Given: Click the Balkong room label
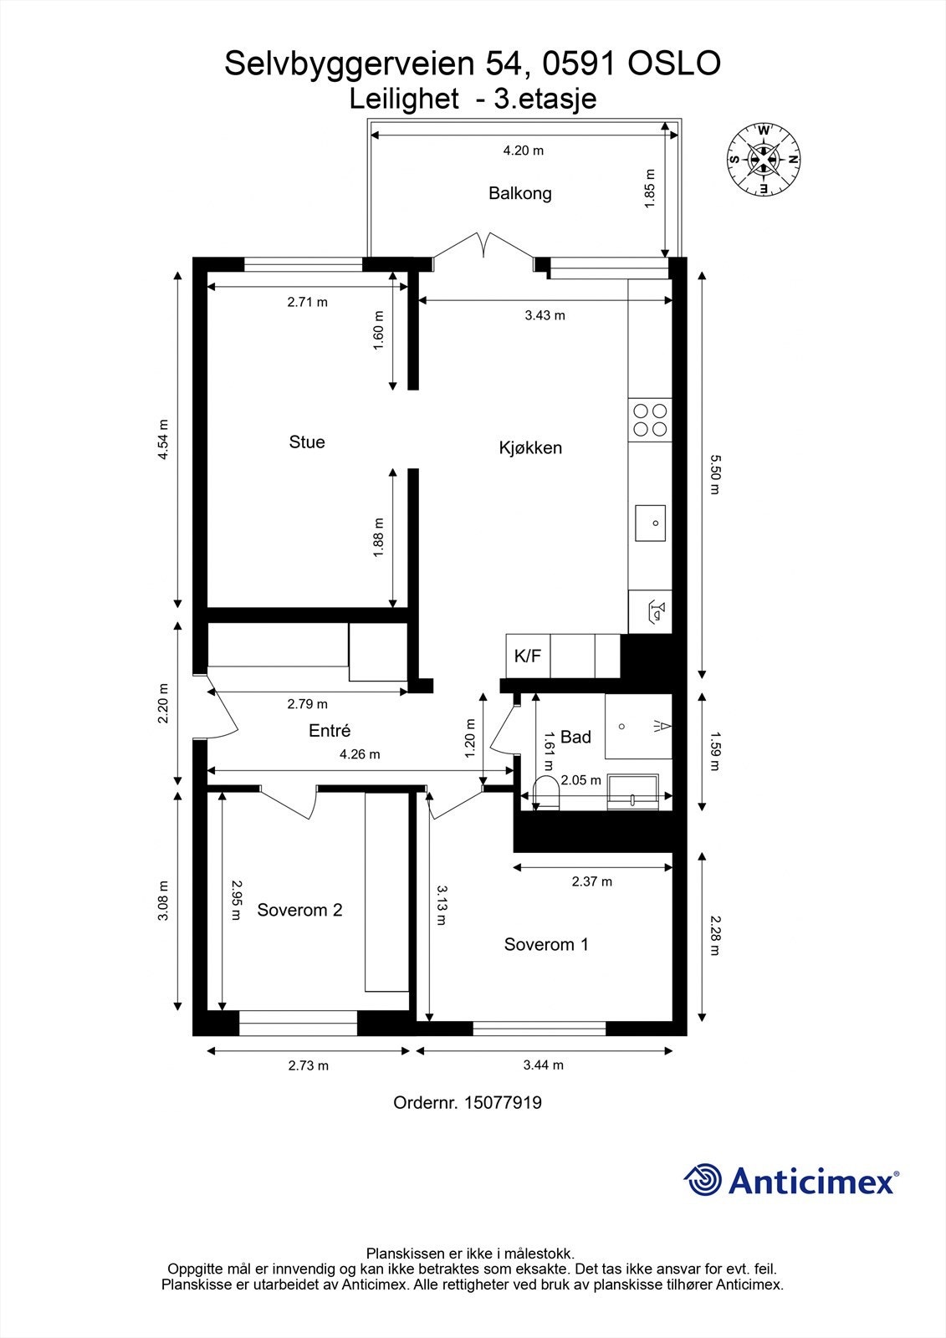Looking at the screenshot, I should point(519,193).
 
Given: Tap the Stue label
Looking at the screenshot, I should point(306,442).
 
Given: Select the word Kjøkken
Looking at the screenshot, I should point(530,447).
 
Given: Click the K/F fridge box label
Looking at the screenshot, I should point(527,656).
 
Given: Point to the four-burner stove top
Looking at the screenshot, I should point(650,420).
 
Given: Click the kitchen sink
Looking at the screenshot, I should point(650,523).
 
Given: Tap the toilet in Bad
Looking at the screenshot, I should point(545,793).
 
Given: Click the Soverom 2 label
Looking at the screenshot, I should point(299,910).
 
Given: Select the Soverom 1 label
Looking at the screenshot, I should point(546,944).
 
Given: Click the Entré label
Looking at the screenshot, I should point(329,730).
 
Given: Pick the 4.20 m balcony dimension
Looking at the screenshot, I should point(523,151).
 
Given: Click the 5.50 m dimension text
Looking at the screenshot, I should point(713,474).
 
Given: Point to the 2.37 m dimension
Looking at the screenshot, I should point(591,881).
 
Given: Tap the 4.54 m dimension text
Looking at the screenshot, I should point(164,439).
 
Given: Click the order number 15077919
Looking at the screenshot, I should point(502,1103).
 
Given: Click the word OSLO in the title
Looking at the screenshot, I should point(672,64).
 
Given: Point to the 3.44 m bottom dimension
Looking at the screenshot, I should point(543,1065).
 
